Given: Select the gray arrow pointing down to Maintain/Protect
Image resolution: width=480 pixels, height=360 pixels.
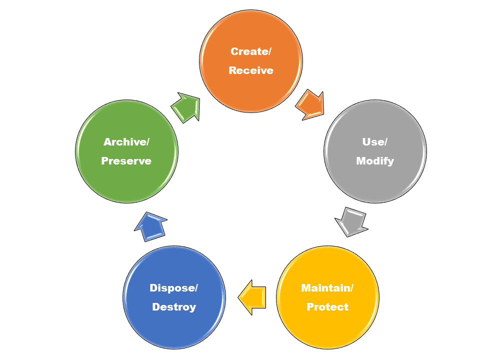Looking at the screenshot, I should (351, 221).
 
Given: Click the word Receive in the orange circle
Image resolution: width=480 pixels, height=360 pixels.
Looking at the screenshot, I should (251, 70).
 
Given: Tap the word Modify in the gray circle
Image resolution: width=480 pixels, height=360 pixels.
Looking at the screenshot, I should (375, 161).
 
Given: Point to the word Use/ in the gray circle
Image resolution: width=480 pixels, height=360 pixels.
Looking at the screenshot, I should (375, 142).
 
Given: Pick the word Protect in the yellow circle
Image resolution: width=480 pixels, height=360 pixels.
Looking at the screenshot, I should (327, 307).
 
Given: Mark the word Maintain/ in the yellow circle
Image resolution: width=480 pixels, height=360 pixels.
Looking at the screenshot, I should (327, 288).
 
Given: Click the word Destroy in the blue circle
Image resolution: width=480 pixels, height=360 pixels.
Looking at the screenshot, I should (174, 307).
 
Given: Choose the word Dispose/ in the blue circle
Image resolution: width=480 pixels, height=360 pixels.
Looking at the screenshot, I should (174, 288).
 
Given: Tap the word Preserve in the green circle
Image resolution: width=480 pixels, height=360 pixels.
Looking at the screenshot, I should (126, 161).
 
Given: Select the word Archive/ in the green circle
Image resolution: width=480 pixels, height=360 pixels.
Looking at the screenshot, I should (126, 142).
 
